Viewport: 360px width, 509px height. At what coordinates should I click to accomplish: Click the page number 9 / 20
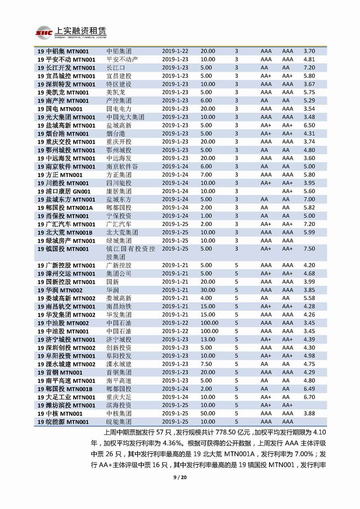[180, 478]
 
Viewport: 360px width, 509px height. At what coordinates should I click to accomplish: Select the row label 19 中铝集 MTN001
[66, 51]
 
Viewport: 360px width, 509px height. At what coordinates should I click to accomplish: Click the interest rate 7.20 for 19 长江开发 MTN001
[309, 68]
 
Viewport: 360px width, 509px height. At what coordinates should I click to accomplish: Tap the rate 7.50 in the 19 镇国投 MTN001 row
[309, 249]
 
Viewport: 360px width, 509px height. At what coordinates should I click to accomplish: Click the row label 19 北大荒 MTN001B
[65, 232]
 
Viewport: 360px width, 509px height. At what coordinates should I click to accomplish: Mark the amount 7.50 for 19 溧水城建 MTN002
[206, 364]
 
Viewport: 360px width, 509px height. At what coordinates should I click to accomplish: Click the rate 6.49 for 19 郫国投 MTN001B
[309, 389]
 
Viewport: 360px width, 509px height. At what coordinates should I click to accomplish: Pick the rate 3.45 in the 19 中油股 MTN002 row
[309, 323]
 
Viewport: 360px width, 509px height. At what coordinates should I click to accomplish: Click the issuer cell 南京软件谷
[122, 166]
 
